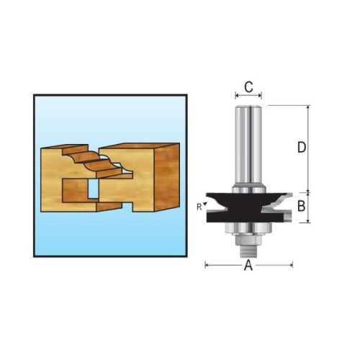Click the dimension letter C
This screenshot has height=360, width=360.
click(248, 87)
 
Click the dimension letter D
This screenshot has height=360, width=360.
click(302, 147)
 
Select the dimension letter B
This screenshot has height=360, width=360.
click(302, 207)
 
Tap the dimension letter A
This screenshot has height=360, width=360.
click(248, 265)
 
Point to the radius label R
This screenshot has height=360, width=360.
click(198, 207)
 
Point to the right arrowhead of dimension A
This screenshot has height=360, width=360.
click(290, 265)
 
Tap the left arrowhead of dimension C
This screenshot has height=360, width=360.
click(238, 94)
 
